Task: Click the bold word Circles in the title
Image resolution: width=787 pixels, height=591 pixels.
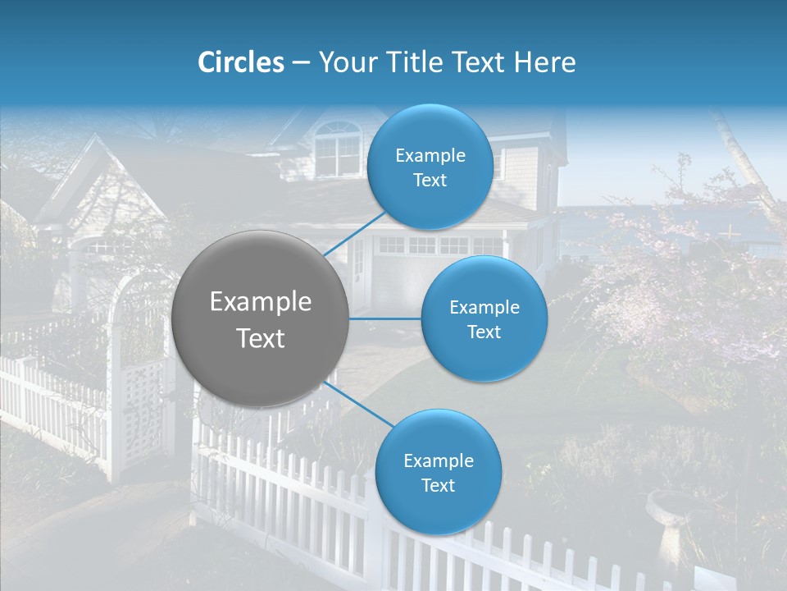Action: pos(240,62)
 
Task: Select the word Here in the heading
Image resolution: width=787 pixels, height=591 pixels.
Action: pos(545,62)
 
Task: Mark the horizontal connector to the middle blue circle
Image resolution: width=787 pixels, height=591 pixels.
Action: pos(385,318)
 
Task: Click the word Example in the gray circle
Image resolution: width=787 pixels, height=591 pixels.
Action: pos(261,302)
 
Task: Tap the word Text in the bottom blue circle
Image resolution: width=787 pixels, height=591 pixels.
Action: pos(438,485)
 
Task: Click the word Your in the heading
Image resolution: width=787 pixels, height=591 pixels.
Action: pos(348,62)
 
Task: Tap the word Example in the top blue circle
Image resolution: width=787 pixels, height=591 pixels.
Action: pos(430,156)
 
